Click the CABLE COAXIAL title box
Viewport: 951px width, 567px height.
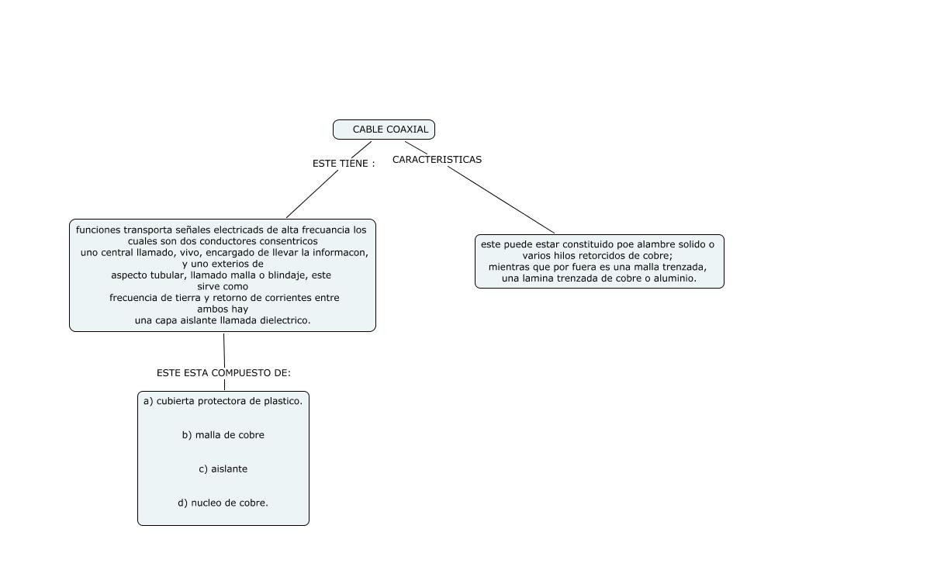coord(384,130)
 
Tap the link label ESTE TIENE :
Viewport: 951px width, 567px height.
coord(343,164)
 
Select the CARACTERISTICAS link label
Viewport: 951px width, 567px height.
coord(437,160)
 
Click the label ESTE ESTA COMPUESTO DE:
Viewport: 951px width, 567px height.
coord(223,373)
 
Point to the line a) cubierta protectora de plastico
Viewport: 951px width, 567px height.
coord(223,401)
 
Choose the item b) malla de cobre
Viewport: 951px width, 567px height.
coord(223,435)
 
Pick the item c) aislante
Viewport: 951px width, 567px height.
coord(223,469)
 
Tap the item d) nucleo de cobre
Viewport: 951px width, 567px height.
coord(223,503)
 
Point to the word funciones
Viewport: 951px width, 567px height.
coord(99,230)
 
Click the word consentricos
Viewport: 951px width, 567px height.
coord(287,241)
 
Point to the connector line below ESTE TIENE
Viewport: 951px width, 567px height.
coord(312,194)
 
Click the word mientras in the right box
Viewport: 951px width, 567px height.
coord(508,267)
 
